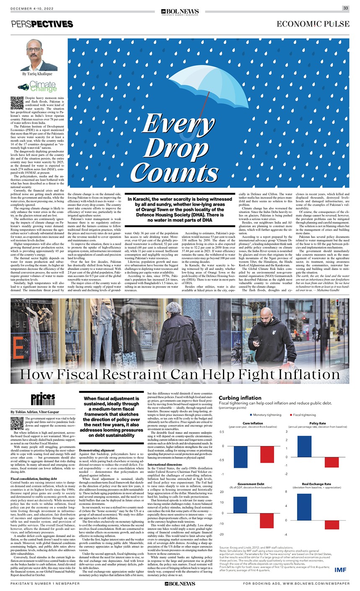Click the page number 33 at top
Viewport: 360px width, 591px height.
coord(345,8)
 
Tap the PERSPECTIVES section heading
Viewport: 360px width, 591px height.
coord(42,24)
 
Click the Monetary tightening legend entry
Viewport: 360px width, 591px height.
coord(265,415)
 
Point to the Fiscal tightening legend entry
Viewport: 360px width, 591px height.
coord(303,415)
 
